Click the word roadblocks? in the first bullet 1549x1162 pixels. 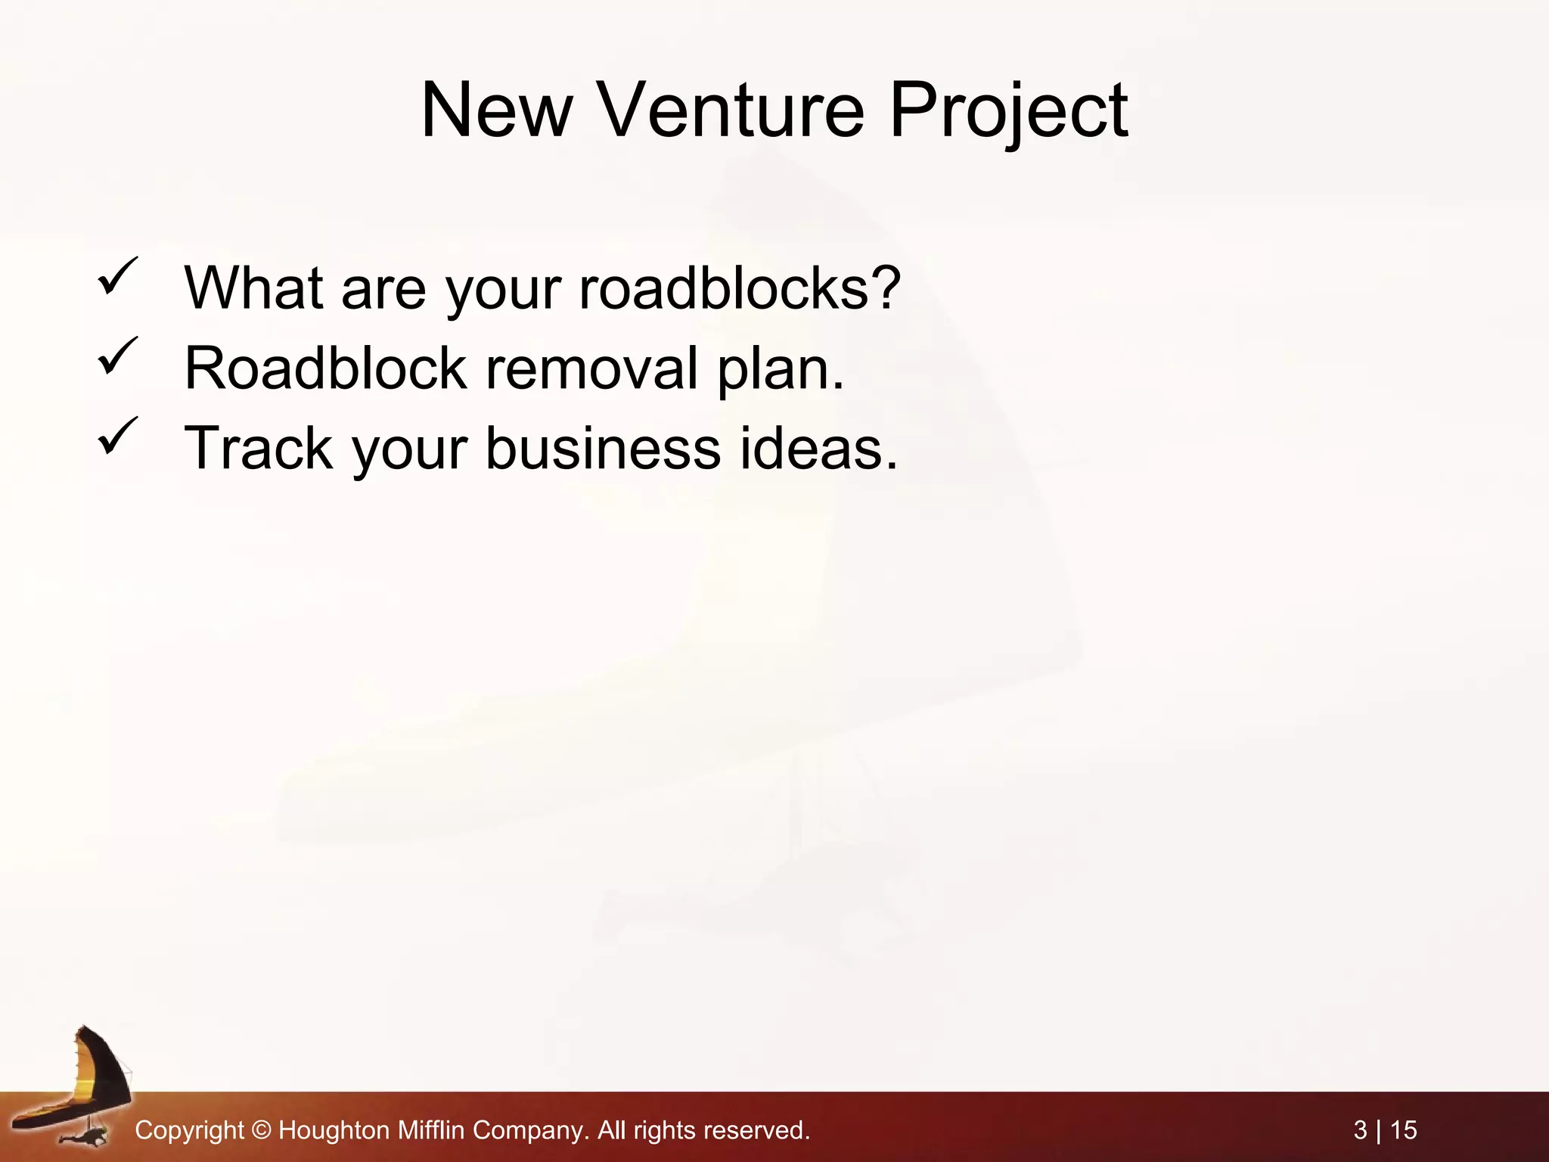[x=740, y=288]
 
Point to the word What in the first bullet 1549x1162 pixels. [x=253, y=288]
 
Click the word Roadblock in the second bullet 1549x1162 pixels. [x=325, y=368]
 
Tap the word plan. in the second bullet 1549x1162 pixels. [x=780, y=368]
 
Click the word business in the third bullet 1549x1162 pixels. [x=603, y=449]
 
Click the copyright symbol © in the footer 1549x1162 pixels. [x=261, y=1130]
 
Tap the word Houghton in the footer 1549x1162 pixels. [x=334, y=1130]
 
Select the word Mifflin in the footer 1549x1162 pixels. [x=431, y=1130]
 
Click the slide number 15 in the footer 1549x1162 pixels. [x=1404, y=1130]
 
